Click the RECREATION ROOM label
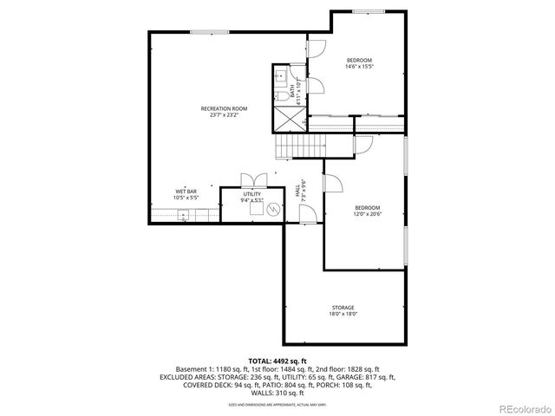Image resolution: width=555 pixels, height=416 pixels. coord(224,108)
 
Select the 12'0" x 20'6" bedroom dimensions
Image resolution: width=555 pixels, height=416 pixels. coord(368,214)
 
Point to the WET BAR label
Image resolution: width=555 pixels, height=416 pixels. coord(186,191)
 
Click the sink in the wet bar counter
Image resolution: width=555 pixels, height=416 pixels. coord(183,215)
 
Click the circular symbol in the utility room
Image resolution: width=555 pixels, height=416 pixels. coord(274,209)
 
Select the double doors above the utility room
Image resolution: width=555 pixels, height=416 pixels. coord(251,180)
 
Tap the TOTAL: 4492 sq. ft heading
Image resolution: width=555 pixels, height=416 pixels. coord(277,360)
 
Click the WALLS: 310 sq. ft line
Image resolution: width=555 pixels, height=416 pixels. coord(277,393)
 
